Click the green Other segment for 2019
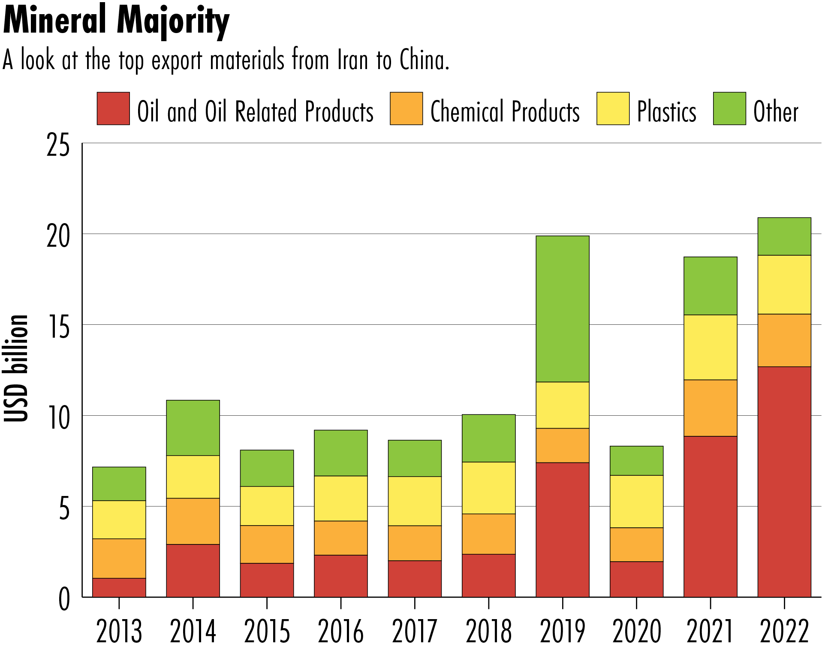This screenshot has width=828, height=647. point(562,309)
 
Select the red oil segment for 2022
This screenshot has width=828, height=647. point(784,481)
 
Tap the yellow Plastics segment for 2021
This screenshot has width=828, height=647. point(710,347)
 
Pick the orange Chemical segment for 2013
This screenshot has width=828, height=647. point(119,558)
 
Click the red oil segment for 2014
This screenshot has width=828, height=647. point(193,571)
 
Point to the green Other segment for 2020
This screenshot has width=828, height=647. point(636,460)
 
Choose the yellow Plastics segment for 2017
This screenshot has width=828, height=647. point(415,501)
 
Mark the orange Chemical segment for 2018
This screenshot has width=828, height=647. point(488,534)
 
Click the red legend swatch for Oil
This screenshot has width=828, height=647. point(113,109)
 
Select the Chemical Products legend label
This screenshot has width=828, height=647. point(505,112)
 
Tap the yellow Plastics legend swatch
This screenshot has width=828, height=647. point(613,109)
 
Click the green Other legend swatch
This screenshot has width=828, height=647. point(729,109)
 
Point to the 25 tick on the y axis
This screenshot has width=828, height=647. point(58,146)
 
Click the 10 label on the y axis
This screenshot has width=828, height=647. point(58,417)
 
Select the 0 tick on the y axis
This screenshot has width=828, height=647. point(64,599)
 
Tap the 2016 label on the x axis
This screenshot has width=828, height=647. point(340,631)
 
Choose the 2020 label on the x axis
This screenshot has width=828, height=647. point(636,631)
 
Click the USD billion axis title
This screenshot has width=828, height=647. point(16,368)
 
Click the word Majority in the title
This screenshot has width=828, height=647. point(173,21)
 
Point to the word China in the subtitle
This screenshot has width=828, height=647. point(423,60)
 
